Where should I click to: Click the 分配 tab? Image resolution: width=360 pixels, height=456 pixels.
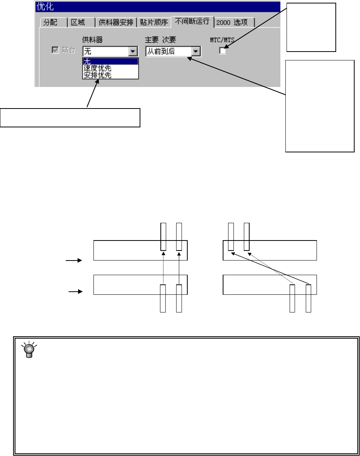pos(50,22)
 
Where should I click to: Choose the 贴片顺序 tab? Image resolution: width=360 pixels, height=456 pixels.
pos(154,22)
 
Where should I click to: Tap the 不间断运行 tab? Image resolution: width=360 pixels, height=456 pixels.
pos(192,21)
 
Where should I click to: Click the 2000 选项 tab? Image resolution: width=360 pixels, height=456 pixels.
pos(234,22)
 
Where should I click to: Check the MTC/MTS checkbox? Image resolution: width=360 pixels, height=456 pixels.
pos(223,50)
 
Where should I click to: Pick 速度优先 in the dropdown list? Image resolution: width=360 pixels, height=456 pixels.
pos(98,68)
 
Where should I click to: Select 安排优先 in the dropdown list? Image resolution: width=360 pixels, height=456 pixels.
pos(98,75)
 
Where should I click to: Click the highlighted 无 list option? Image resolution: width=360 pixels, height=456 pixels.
pos(110,62)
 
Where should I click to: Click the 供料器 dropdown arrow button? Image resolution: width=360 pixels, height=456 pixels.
pos(133,51)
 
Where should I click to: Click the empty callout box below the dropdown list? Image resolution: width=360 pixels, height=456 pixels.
pos(70,118)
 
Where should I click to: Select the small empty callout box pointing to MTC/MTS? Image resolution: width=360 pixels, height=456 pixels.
pos(311,27)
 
